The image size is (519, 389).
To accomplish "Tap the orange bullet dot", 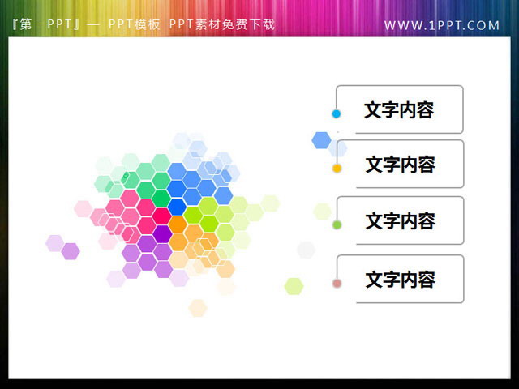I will tap(337, 169).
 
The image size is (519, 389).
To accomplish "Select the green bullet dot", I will tap(337, 224).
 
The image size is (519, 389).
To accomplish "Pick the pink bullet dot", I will tap(337, 283).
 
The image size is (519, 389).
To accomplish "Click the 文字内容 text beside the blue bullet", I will tap(399, 110).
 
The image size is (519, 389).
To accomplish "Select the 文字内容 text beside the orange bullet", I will tap(399, 165).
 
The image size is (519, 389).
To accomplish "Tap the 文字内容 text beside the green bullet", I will tap(399, 220).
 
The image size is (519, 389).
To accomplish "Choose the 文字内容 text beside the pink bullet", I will tap(399, 280).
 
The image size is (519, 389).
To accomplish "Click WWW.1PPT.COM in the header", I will tap(442, 25).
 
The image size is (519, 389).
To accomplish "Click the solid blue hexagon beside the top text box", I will tap(321, 140).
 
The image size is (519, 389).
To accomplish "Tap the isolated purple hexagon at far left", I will tap(71, 251).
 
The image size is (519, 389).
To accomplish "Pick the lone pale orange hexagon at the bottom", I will tap(198, 308).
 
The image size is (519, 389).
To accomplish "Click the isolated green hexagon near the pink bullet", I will tap(294, 286).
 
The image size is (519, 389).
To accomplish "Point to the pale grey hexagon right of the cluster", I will tap(306, 250).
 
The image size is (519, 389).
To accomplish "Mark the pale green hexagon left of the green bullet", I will tap(322, 212).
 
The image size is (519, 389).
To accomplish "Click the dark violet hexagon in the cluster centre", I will tap(163, 233).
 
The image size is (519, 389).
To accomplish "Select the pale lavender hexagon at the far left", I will tap(54, 242).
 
